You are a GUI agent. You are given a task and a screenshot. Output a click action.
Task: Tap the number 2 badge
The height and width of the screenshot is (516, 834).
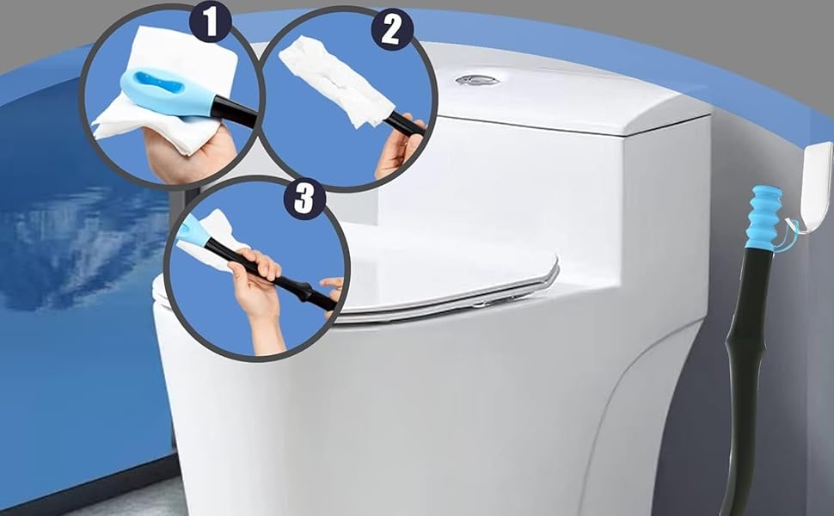tap(390, 30)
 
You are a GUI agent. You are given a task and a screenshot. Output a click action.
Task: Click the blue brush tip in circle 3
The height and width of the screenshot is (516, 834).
tap(191, 233)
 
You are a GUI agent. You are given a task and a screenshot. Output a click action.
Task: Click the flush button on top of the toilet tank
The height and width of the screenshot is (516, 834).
tap(477, 81)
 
